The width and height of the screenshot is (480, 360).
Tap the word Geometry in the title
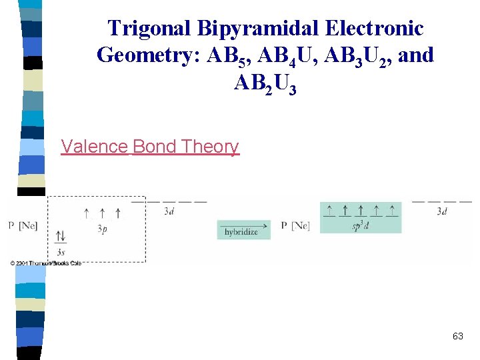point(149,55)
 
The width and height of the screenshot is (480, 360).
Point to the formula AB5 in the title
point(228,55)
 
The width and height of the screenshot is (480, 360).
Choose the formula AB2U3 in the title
point(265,83)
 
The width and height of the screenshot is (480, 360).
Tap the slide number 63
point(457,337)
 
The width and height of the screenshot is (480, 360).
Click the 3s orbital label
point(61,252)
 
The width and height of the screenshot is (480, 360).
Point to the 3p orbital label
point(102,229)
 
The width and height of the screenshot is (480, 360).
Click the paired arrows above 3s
point(61,237)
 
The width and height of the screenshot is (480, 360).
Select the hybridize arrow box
point(243,229)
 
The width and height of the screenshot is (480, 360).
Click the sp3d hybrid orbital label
point(360,225)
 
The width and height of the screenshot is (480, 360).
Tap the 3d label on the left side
point(169,212)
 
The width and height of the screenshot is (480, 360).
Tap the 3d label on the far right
point(441,212)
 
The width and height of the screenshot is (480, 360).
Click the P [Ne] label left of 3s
point(23,227)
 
